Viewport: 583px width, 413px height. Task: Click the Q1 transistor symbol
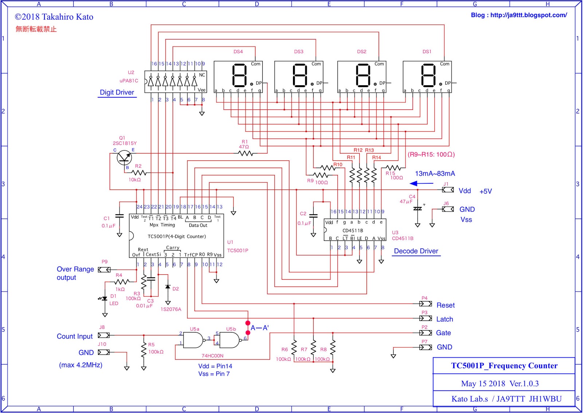124,157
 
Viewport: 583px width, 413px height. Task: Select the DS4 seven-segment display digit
239,75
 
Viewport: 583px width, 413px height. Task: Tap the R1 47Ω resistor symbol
246,153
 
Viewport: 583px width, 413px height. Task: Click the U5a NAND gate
193,340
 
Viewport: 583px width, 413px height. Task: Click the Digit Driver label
117,93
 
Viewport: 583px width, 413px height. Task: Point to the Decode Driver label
416,251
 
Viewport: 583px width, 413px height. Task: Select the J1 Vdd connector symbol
448,190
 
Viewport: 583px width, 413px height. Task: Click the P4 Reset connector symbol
425,304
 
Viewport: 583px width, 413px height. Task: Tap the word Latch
445,319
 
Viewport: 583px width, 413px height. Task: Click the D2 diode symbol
168,287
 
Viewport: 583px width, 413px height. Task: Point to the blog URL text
519,15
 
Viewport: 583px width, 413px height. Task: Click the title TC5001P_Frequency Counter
504,366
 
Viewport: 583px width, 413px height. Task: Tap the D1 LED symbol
105,299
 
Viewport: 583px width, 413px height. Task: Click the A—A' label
259,328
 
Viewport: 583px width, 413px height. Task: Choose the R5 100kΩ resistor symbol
144,349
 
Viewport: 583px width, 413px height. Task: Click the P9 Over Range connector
104,270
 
